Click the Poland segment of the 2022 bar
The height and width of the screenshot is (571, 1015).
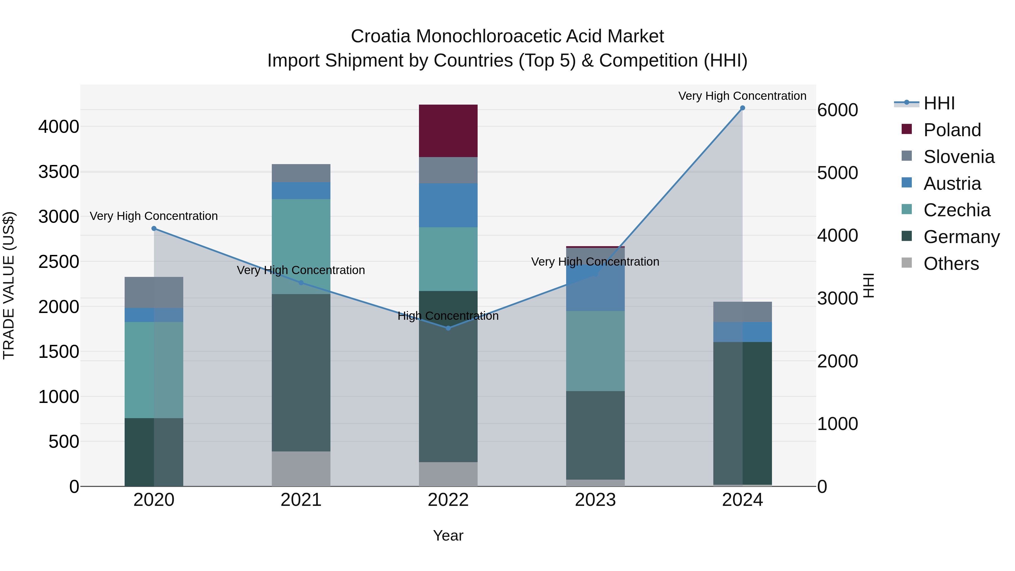tap(448, 131)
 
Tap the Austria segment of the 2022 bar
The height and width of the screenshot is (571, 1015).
tap(448, 205)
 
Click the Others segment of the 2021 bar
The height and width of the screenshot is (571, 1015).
tap(301, 469)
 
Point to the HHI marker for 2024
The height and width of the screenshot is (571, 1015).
tap(742, 108)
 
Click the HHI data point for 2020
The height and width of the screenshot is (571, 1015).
tap(154, 229)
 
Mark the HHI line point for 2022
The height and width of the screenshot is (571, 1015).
tap(448, 328)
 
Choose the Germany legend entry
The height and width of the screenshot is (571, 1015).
tap(961, 237)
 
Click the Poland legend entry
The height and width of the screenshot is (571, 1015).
tap(952, 130)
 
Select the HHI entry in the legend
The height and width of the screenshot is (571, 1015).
tap(939, 103)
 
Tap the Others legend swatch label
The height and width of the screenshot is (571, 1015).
tap(951, 264)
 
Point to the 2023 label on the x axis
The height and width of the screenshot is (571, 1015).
tap(595, 500)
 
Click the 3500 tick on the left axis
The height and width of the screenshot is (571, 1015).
tap(59, 172)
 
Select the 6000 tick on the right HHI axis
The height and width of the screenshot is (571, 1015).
tap(837, 110)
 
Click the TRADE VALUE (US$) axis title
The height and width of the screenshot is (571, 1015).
tap(9, 285)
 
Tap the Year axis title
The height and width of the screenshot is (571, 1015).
tap(448, 535)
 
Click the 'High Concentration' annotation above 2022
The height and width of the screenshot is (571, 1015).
tap(448, 316)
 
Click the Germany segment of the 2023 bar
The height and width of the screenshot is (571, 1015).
tap(595, 435)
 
